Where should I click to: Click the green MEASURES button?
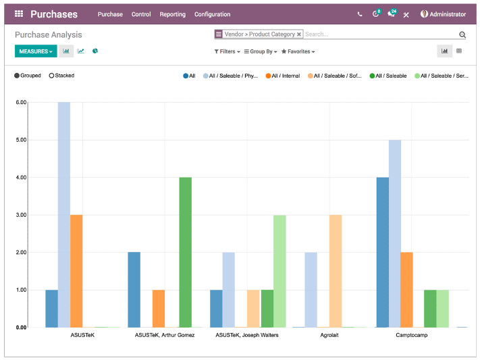pos(36,51)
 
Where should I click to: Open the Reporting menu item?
pos(173,14)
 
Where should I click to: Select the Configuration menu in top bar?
pos(212,14)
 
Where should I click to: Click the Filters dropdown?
pos(227,51)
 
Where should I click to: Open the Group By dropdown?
pos(261,51)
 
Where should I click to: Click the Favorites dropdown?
pos(298,51)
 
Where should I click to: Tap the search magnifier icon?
pos(462,34)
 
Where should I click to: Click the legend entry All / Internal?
pos(283,76)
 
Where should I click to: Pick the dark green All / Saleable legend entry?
pos(388,76)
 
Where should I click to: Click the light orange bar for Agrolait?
pos(336,271)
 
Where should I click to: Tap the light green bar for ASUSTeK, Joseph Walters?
pos(279,271)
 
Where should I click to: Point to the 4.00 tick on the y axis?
pos(22,178)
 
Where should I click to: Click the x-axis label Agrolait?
pos(329,335)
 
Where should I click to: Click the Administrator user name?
pos(448,14)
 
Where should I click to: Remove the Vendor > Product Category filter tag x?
pos(299,34)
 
